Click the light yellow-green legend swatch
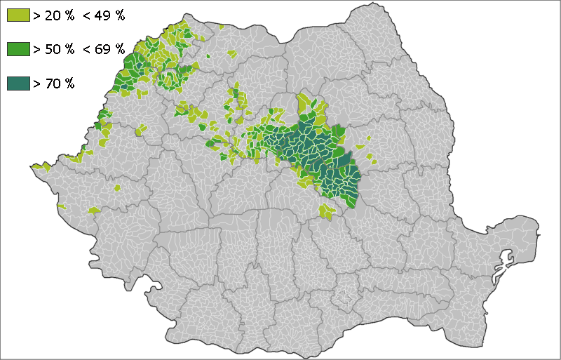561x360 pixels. click(18, 15)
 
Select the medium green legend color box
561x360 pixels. click(18, 49)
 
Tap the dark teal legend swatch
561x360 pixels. click(18, 83)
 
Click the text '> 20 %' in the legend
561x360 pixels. click(55, 15)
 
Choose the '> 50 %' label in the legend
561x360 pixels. click(55, 49)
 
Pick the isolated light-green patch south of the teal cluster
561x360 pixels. click(327, 211)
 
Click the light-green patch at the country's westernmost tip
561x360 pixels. click(39, 167)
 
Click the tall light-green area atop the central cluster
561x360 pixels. click(305, 105)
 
